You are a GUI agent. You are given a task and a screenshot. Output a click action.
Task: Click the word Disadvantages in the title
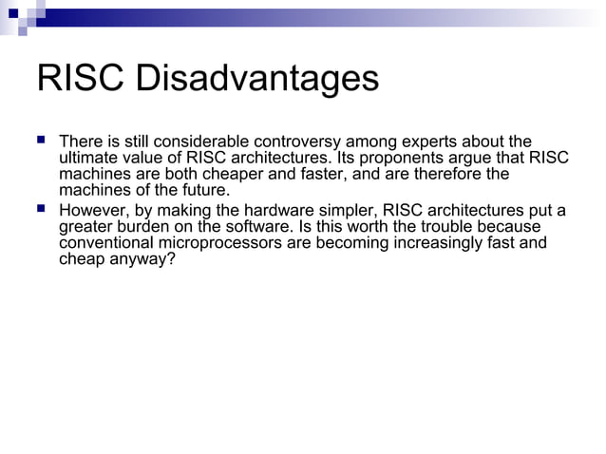(256, 79)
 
